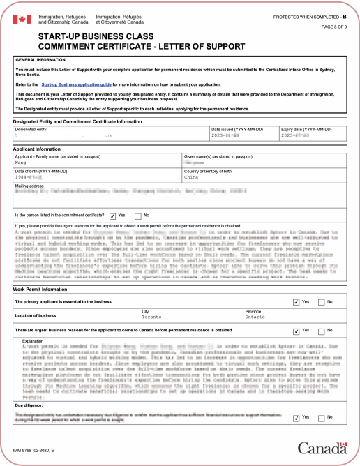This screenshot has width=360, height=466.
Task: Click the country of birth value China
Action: (x=191, y=177)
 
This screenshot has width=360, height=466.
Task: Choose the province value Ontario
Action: (x=255, y=316)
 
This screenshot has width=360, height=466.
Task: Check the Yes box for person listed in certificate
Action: (x=112, y=216)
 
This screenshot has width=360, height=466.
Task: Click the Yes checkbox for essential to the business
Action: (x=297, y=301)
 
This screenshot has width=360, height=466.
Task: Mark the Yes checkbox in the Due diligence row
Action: (x=297, y=418)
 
